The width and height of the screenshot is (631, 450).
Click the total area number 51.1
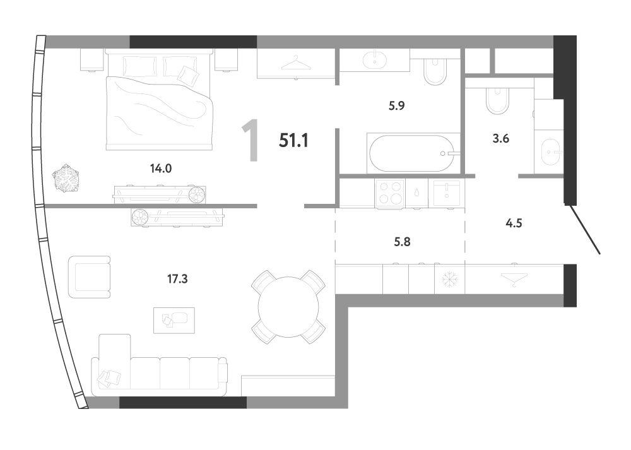pos(294,141)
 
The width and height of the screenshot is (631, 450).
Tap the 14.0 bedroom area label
pos(161,169)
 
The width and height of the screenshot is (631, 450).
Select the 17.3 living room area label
pos(177,278)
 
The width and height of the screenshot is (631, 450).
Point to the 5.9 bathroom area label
pos(396,105)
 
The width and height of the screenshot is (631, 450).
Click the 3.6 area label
pos(500,138)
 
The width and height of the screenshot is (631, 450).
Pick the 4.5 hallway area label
pos(514,223)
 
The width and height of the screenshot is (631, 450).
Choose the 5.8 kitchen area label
pos(402,242)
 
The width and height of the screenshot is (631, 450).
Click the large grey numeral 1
pos(251,141)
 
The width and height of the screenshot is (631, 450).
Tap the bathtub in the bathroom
pos(413,153)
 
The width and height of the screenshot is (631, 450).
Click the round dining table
pos(288,307)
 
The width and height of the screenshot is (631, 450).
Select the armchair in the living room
pos(90,277)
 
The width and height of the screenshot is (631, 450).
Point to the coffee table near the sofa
pos(174,321)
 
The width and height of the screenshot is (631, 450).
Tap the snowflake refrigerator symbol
pos(449,280)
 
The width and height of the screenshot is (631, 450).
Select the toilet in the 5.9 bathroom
pos(435,72)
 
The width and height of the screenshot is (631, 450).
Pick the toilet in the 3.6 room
pos(498,100)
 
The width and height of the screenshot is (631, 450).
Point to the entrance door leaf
pos(584,230)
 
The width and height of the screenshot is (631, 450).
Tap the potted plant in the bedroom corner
pos(65,177)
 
